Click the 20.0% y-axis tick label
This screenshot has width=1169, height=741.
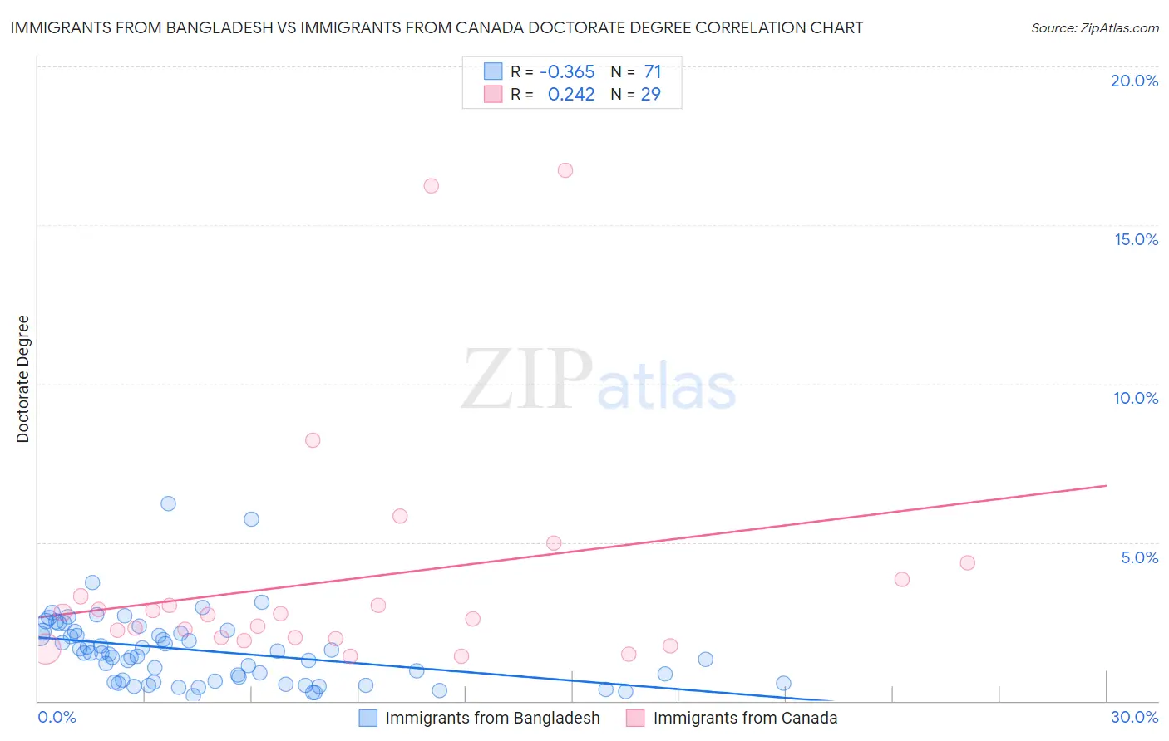1134,81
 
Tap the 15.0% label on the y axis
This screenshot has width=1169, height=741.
1136,239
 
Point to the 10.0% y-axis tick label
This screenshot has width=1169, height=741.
1136,398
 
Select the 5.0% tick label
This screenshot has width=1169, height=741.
1139,557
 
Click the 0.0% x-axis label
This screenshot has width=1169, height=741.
57,717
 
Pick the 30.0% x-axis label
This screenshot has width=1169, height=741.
1134,717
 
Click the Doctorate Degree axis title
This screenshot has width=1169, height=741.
22,379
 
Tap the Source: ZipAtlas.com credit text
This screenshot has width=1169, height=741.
1094,28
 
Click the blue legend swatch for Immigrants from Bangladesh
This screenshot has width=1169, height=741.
367,718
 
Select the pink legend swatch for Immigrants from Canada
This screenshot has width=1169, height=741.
635,718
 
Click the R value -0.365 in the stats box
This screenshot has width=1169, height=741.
567,72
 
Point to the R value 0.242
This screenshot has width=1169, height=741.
571,95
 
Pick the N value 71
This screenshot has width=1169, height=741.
653,72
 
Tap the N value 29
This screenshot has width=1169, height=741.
651,95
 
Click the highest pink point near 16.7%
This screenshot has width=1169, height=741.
565,170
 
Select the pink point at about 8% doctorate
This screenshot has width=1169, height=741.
313,440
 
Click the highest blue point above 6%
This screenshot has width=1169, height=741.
168,503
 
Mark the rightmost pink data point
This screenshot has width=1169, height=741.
967,562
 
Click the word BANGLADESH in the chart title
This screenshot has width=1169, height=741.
220,28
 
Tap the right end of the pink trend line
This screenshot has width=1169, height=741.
1106,485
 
